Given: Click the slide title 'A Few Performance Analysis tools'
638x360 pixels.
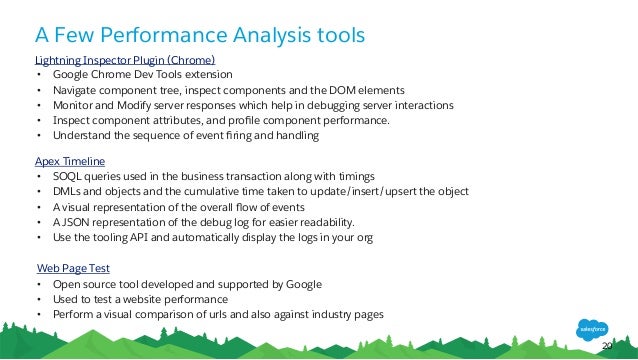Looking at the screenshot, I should tap(200, 36).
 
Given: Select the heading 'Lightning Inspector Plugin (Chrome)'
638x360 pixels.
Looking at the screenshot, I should tap(125, 60).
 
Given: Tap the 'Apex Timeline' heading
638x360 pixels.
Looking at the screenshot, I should tap(70, 161).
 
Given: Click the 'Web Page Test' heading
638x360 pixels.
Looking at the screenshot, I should tap(73, 268).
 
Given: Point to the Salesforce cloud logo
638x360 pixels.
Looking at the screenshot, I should tap(591, 327).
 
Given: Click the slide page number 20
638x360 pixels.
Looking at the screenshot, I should tap(606, 345).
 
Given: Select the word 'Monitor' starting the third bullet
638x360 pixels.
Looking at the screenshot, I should tap(73, 105).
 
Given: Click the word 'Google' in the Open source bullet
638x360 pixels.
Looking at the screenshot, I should tap(301, 284).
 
